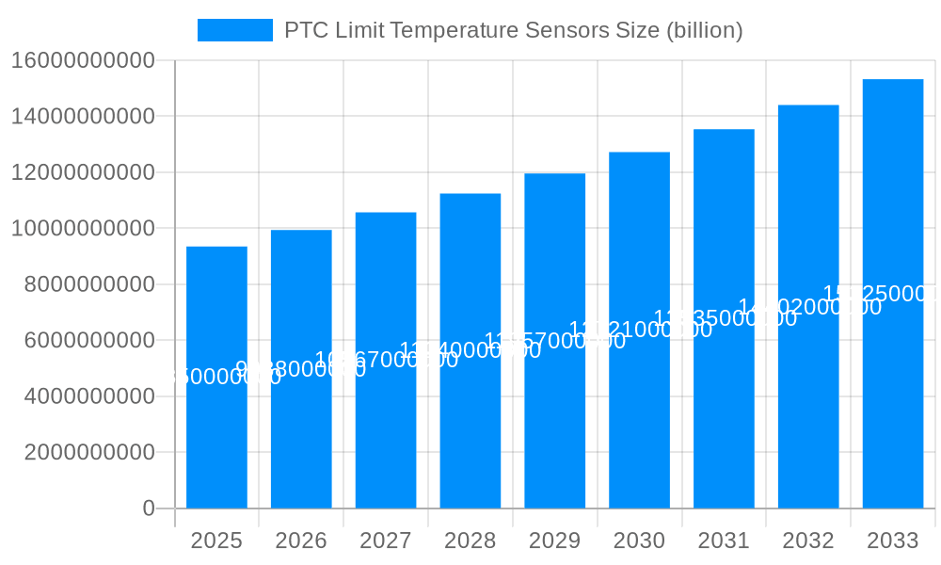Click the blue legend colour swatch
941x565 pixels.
click(x=234, y=30)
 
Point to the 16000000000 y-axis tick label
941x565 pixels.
click(x=83, y=61)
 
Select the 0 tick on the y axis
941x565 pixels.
click(x=148, y=508)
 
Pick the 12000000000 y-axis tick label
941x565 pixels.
click(x=83, y=172)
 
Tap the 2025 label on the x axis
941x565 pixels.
click(x=216, y=541)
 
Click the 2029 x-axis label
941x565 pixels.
click(x=554, y=541)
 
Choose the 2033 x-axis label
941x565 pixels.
click(x=893, y=541)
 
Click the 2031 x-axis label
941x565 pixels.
click(x=724, y=541)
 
